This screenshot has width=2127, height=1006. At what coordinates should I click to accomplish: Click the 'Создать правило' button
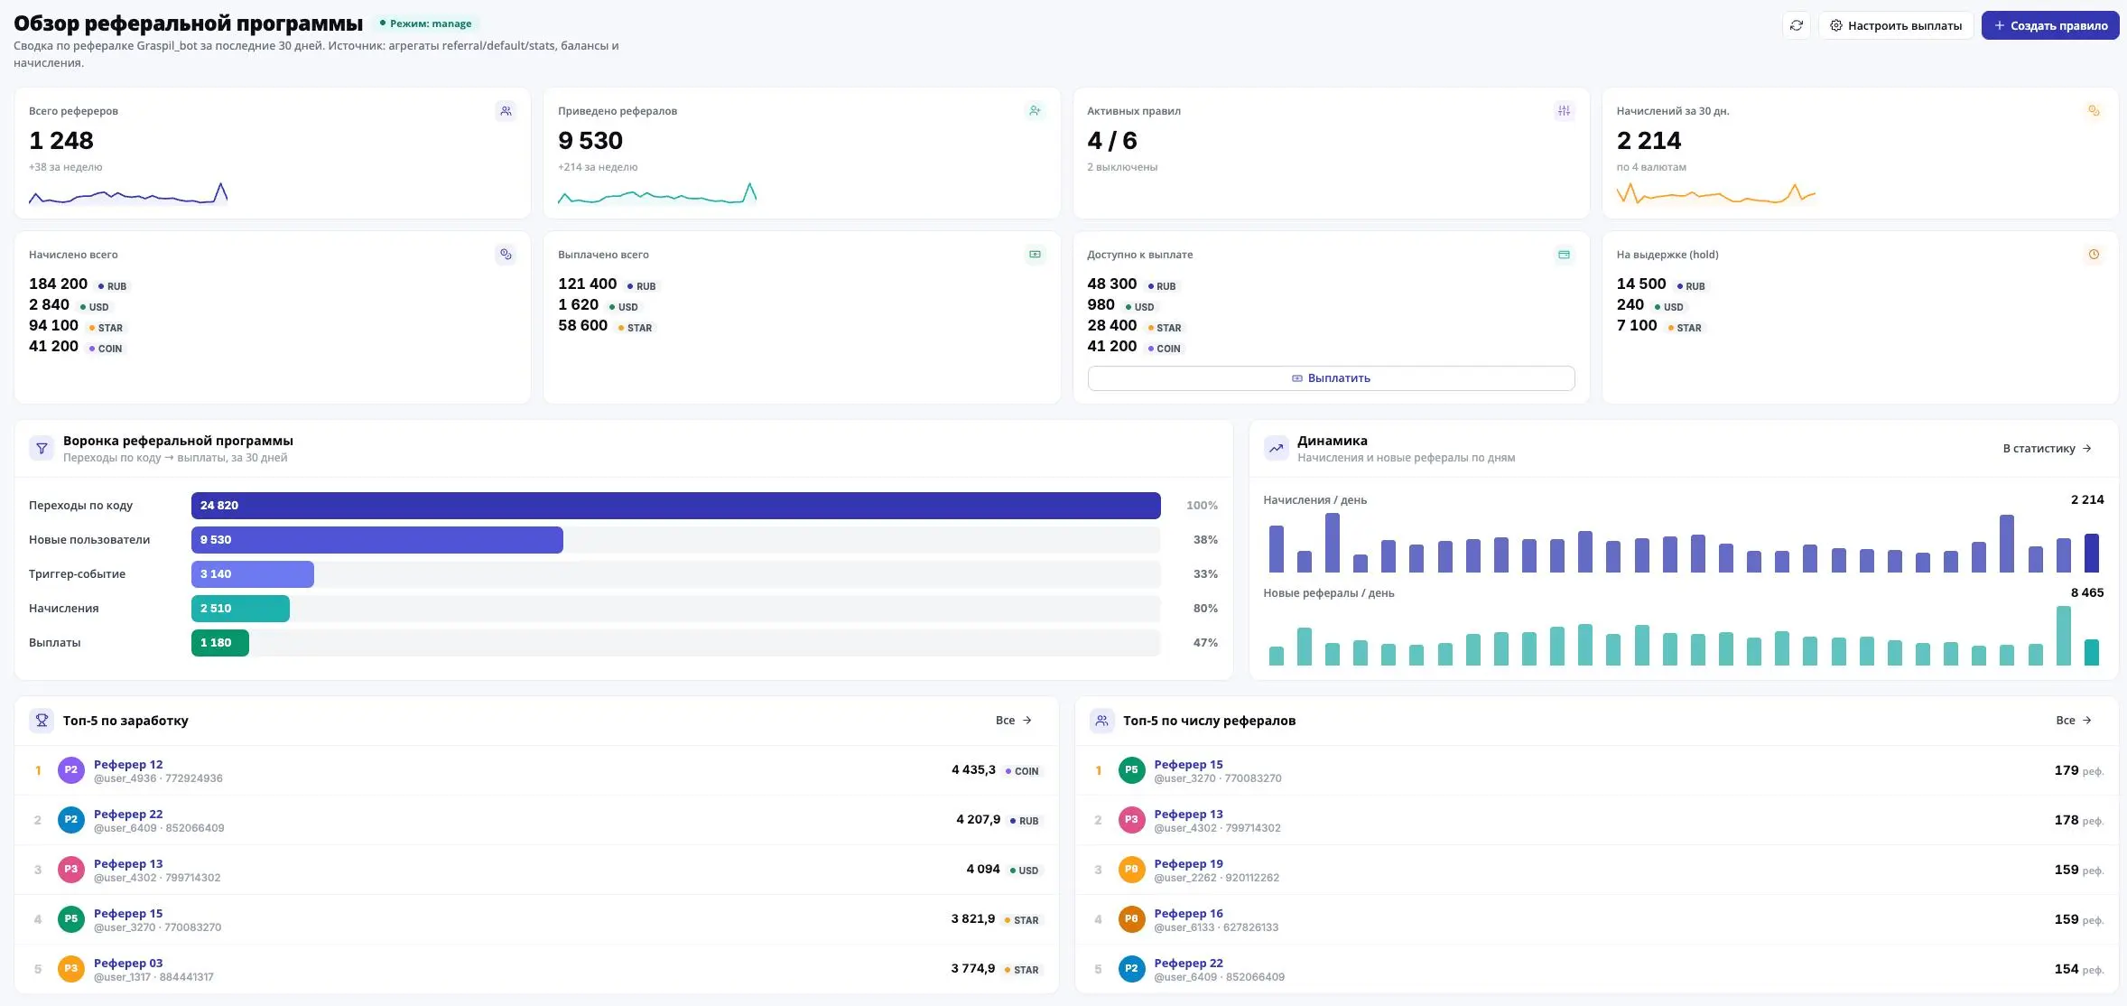coord(2049,25)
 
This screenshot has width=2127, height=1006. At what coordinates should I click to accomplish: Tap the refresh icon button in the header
coord(1797,25)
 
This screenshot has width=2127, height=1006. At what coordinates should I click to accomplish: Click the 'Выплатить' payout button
coord(1331,378)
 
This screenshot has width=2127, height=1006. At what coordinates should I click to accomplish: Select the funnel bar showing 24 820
coord(675,506)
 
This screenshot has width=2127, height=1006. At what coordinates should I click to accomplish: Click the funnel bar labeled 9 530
coord(376,540)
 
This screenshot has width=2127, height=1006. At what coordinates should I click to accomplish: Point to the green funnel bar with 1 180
coord(219,643)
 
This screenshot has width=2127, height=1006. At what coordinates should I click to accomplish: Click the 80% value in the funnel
coord(1205,609)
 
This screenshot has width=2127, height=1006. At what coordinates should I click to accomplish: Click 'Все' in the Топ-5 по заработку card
coord(1013,721)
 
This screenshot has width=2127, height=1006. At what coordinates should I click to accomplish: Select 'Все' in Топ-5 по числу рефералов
coord(2073,721)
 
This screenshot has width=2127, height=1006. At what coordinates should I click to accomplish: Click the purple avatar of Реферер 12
coord(71,770)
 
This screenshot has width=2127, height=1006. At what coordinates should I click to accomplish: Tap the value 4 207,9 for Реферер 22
coord(978,820)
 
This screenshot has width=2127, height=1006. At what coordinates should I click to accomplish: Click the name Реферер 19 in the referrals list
coord(1188,864)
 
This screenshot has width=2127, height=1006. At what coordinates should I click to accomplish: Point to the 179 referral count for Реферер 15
coord(2067,770)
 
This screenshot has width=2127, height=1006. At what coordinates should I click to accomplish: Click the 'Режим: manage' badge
coord(425,23)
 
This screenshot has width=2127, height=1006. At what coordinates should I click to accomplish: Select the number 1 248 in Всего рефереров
coord(61,141)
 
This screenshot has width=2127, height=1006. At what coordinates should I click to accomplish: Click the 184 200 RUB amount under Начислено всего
coord(58,284)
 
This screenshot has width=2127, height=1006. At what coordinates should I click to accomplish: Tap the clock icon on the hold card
coord(2094,255)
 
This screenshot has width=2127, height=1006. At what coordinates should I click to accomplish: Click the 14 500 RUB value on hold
coord(1641,284)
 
